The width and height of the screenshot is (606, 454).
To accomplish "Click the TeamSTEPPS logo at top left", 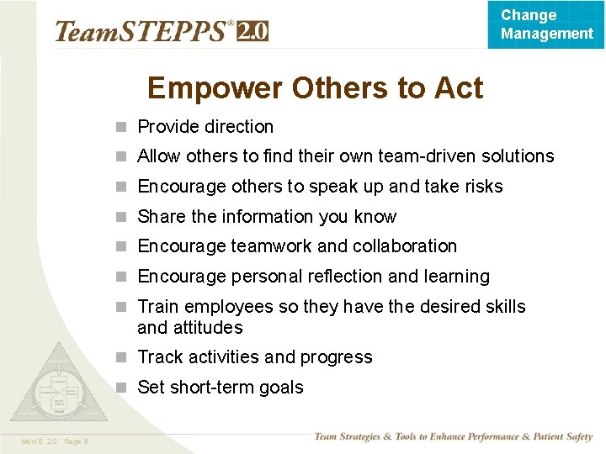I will click(143, 32).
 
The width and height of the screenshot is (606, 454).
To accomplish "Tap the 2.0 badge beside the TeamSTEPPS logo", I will click(252, 31).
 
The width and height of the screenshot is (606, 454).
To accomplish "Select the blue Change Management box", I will click(546, 24).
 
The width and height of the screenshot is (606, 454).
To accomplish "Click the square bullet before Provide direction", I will click(122, 128).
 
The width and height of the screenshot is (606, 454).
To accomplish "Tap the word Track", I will click(160, 357).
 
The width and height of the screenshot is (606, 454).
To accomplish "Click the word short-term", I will click(211, 388).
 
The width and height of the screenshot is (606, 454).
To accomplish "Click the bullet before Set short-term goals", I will click(122, 388).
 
